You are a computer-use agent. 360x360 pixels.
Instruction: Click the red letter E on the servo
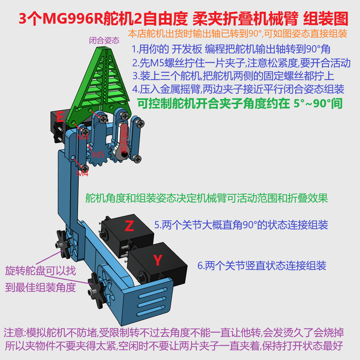60,117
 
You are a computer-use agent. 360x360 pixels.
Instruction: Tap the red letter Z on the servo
129,226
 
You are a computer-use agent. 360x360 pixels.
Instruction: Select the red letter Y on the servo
157,261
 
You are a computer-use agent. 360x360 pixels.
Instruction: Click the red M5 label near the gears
98,155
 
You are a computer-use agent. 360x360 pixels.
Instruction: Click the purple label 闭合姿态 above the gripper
104,40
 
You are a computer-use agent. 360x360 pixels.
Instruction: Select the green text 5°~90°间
318,103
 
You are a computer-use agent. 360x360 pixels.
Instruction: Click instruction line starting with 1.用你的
231,49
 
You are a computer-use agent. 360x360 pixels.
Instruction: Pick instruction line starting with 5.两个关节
241,225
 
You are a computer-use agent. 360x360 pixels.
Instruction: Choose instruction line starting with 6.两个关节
262,266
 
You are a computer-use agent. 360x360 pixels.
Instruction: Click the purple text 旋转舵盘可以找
40,271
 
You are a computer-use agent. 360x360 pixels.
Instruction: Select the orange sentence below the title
237,33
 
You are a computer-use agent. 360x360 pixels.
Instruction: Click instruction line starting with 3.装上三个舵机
233,76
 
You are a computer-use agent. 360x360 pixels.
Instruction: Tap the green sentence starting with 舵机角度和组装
207,198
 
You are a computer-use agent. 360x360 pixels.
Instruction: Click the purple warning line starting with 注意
174,333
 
